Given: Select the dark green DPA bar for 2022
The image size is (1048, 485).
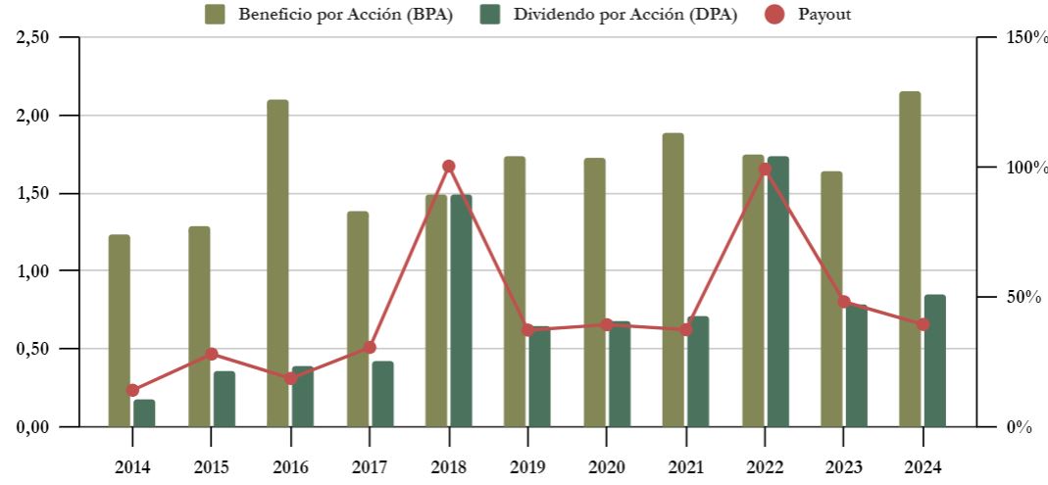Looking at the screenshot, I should point(777,291).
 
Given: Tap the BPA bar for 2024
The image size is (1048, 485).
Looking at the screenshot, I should point(910,259).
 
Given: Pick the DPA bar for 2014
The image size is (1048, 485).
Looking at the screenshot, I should point(144,412).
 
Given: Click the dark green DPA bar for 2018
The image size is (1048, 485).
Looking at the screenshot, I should point(461,310).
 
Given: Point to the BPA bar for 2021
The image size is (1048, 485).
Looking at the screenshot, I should point(673,279).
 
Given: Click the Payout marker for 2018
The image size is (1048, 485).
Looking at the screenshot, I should point(449,167).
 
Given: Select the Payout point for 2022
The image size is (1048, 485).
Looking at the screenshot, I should point(765,170).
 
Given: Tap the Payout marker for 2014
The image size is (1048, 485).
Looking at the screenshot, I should point(132,390).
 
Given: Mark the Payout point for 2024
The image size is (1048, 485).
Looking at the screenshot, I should point(923,324).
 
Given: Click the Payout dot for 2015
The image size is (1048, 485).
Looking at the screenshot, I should point(212,354).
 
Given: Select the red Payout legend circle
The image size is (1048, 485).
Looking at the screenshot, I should point(774,14).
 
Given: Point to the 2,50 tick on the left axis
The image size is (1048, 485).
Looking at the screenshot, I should point(42,37).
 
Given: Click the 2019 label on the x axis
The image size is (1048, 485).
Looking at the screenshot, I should point(528,465).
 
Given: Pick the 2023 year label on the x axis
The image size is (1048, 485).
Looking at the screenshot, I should point(844,465).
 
